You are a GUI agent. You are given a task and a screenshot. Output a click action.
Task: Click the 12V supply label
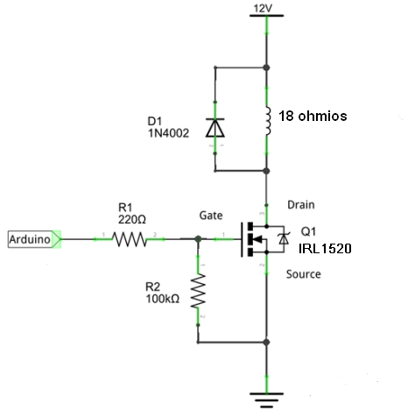(263, 9)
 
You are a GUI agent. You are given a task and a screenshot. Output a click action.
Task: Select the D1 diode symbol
(215, 128)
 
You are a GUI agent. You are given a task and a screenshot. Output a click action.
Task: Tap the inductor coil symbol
(268, 121)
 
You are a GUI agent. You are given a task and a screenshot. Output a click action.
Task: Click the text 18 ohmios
(313, 116)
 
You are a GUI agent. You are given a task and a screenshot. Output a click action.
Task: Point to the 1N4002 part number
(168, 133)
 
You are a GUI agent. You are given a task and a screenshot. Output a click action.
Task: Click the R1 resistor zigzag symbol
(130, 239)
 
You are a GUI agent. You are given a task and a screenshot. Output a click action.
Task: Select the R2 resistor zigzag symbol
(198, 291)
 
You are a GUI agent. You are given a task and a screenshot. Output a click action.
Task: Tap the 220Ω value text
(132, 219)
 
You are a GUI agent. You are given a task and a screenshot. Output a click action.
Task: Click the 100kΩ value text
(163, 299)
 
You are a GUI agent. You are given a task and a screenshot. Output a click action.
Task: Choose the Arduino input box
(34, 239)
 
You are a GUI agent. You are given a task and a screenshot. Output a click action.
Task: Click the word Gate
(211, 216)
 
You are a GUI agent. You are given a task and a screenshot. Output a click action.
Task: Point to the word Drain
(301, 205)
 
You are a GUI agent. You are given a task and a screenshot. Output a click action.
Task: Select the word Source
(304, 274)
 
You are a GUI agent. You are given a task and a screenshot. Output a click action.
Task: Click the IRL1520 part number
(325, 249)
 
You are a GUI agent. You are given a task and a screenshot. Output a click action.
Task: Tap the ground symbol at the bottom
(266, 400)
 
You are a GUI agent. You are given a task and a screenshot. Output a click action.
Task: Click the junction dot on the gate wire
(198, 239)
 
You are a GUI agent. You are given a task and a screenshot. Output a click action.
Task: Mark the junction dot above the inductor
(266, 67)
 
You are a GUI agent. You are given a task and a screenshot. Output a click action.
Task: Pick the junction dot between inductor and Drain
(266, 171)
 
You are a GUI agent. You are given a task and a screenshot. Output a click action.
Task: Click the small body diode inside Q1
(284, 239)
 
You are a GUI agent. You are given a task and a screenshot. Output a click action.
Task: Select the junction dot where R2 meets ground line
(266, 342)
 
